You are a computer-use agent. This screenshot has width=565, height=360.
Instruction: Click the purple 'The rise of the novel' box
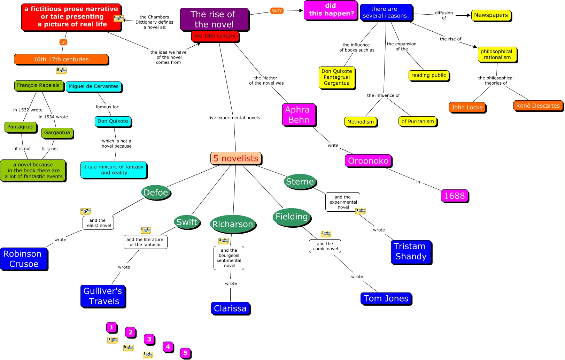[214, 19]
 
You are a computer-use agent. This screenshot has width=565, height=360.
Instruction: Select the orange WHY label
[277, 11]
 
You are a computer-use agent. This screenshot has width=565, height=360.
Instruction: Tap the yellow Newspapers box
[491, 15]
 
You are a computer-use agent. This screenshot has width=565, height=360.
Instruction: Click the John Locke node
[467, 107]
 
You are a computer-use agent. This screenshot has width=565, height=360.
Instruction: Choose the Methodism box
[360, 122]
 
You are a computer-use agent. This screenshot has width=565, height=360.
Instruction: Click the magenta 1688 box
[454, 196]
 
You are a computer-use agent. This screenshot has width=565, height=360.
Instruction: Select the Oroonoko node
[368, 161]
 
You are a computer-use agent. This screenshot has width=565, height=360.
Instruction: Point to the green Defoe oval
[156, 193]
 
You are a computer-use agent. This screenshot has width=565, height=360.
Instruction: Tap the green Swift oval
[187, 222]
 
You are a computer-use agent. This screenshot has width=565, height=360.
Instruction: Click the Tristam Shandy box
[411, 251]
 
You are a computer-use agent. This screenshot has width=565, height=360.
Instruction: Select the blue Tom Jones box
[386, 298]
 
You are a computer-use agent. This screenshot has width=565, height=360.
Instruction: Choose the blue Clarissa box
[230, 308]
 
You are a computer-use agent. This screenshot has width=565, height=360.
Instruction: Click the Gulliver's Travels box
[103, 296]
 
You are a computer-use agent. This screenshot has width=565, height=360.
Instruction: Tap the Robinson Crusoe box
[23, 259]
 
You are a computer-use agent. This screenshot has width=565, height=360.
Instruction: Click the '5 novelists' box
[235, 158]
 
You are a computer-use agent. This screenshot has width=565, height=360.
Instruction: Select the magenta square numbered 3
[149, 339]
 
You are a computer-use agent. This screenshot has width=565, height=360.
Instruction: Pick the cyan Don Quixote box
[113, 121]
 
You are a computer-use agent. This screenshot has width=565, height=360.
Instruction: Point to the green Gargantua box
[57, 133]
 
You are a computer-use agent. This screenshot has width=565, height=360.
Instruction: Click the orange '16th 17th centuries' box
[61, 59]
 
